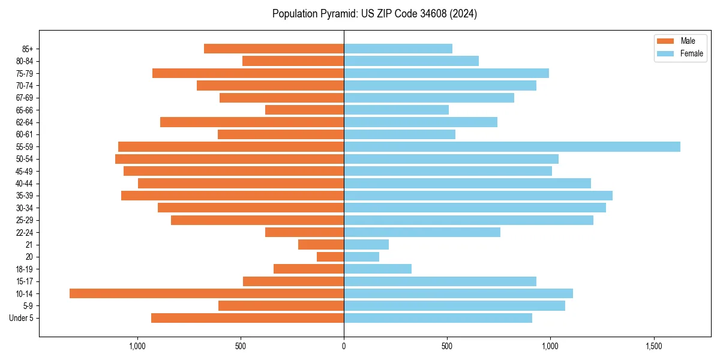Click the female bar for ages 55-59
click(512, 147)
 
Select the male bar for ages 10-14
click(206, 293)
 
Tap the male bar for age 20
click(330, 257)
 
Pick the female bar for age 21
click(366, 245)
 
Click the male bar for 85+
click(274, 49)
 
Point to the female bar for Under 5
click(438, 318)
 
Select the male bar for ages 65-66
click(304, 110)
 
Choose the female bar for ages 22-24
click(422, 232)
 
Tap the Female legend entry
click(680, 53)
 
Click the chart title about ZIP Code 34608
click(374, 14)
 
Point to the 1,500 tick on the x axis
click(653, 347)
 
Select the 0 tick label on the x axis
click(344, 347)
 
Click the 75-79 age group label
click(24, 74)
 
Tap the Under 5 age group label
click(21, 318)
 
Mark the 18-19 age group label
click(24, 269)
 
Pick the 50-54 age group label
click(24, 159)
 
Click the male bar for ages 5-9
click(281, 306)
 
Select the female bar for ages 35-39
click(478, 196)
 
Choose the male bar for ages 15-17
click(293, 281)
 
